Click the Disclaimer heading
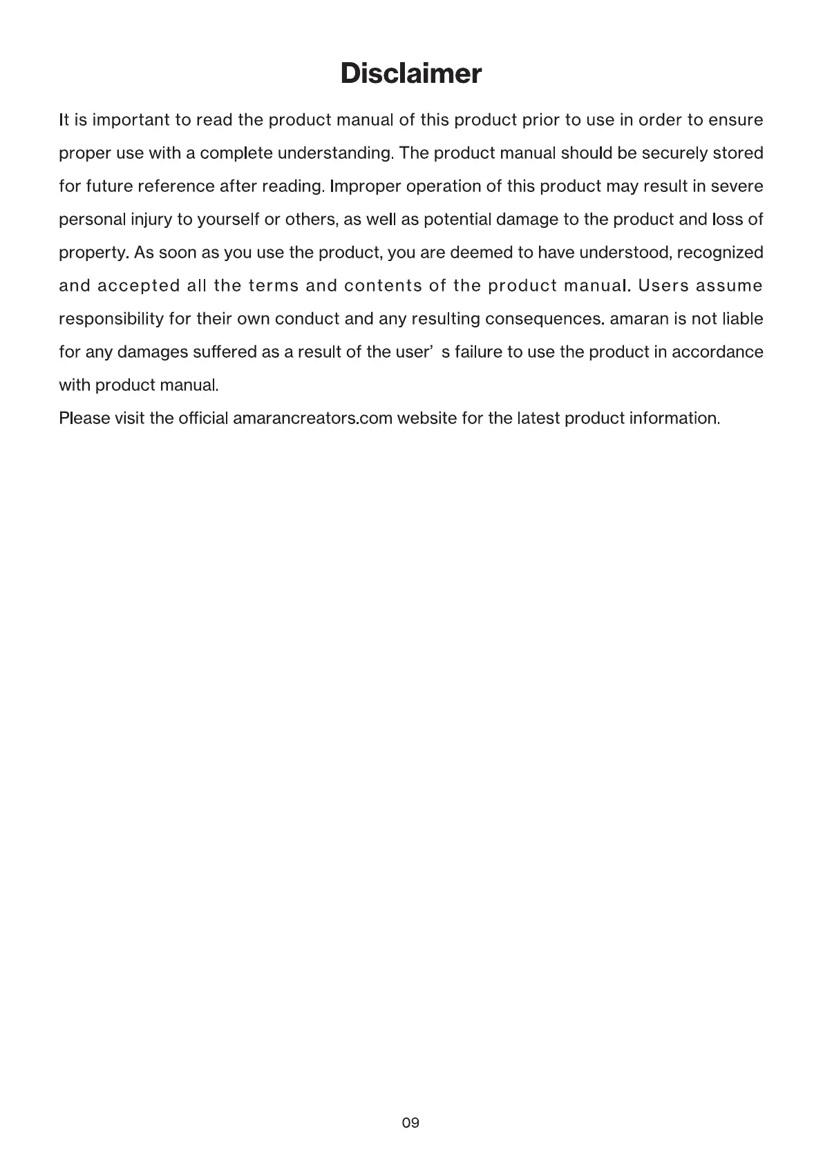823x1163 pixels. (410, 73)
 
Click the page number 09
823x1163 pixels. (410, 1122)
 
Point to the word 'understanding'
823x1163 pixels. (334, 153)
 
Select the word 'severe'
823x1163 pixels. (738, 186)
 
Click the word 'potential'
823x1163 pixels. (457, 220)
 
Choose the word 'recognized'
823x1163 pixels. (719, 253)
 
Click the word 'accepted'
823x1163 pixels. (139, 286)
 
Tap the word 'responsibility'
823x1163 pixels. (111, 319)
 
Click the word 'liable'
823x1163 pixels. (742, 319)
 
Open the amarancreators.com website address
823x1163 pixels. (313, 419)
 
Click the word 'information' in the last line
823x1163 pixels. (674, 419)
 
